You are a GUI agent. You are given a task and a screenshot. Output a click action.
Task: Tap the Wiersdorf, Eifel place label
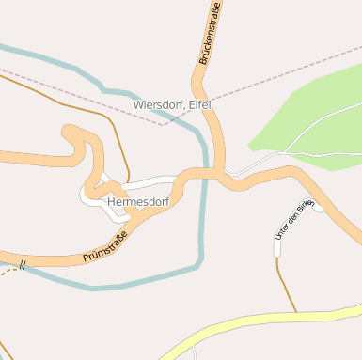coord(173,104)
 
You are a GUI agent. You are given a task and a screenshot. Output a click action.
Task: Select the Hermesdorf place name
coord(138,201)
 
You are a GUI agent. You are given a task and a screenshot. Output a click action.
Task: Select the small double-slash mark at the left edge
coord(21,266)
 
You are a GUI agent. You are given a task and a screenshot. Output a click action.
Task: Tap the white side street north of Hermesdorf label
coord(150,180)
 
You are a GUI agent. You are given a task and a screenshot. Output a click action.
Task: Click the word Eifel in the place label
coord(199,104)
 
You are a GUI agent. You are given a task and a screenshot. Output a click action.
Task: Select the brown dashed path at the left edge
coord(8,272)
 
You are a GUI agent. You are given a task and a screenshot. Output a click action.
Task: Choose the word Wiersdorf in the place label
coord(160,104)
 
